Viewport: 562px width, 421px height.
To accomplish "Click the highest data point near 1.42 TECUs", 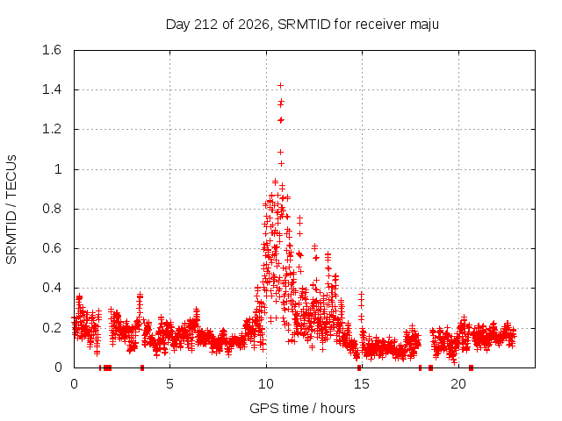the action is pyautogui.click(x=281, y=86).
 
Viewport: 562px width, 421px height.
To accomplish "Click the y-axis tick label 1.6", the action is pyautogui.click(x=52, y=50).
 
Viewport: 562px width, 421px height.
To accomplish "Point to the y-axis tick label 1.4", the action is pyautogui.click(x=52, y=89).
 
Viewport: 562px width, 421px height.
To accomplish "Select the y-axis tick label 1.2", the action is pyautogui.click(x=52, y=129).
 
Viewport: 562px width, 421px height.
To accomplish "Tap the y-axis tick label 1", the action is pyautogui.click(x=58, y=169).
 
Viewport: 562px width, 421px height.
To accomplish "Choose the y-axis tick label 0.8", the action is pyautogui.click(x=52, y=209).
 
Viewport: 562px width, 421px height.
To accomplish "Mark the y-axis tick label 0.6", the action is pyautogui.click(x=52, y=248).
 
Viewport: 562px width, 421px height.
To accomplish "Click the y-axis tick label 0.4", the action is pyautogui.click(x=52, y=288).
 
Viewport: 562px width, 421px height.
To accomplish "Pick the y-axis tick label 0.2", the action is pyautogui.click(x=52, y=327).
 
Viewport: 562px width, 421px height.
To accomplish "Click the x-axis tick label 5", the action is pyautogui.click(x=169, y=384).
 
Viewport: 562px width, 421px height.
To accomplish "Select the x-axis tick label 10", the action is pyautogui.click(x=266, y=384).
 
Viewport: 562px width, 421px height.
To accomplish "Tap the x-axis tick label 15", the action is pyautogui.click(x=362, y=384).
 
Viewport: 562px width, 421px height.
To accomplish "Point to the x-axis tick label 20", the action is pyautogui.click(x=458, y=384).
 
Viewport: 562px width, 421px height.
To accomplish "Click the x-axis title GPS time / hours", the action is pyautogui.click(x=302, y=408).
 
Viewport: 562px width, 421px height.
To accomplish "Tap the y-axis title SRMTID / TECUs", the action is pyautogui.click(x=11, y=210).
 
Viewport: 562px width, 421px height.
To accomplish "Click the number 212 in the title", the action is pyautogui.click(x=205, y=25).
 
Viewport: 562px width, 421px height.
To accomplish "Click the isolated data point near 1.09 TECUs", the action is pyautogui.click(x=280, y=152).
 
